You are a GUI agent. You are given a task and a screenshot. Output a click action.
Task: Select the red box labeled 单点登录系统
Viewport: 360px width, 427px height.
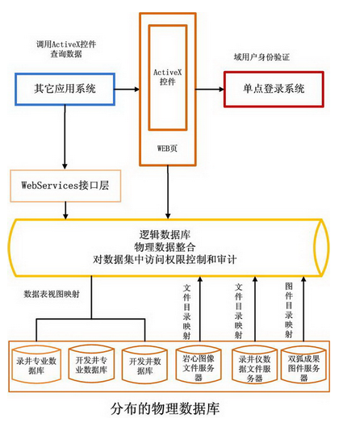pyautogui.click(x=274, y=88)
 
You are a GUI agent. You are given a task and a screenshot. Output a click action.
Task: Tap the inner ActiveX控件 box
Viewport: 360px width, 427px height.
pyautogui.click(x=168, y=77)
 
